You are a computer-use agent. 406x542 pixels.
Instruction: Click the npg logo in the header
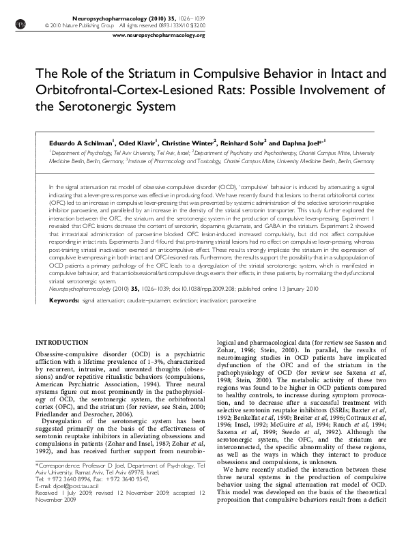point(18,22)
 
